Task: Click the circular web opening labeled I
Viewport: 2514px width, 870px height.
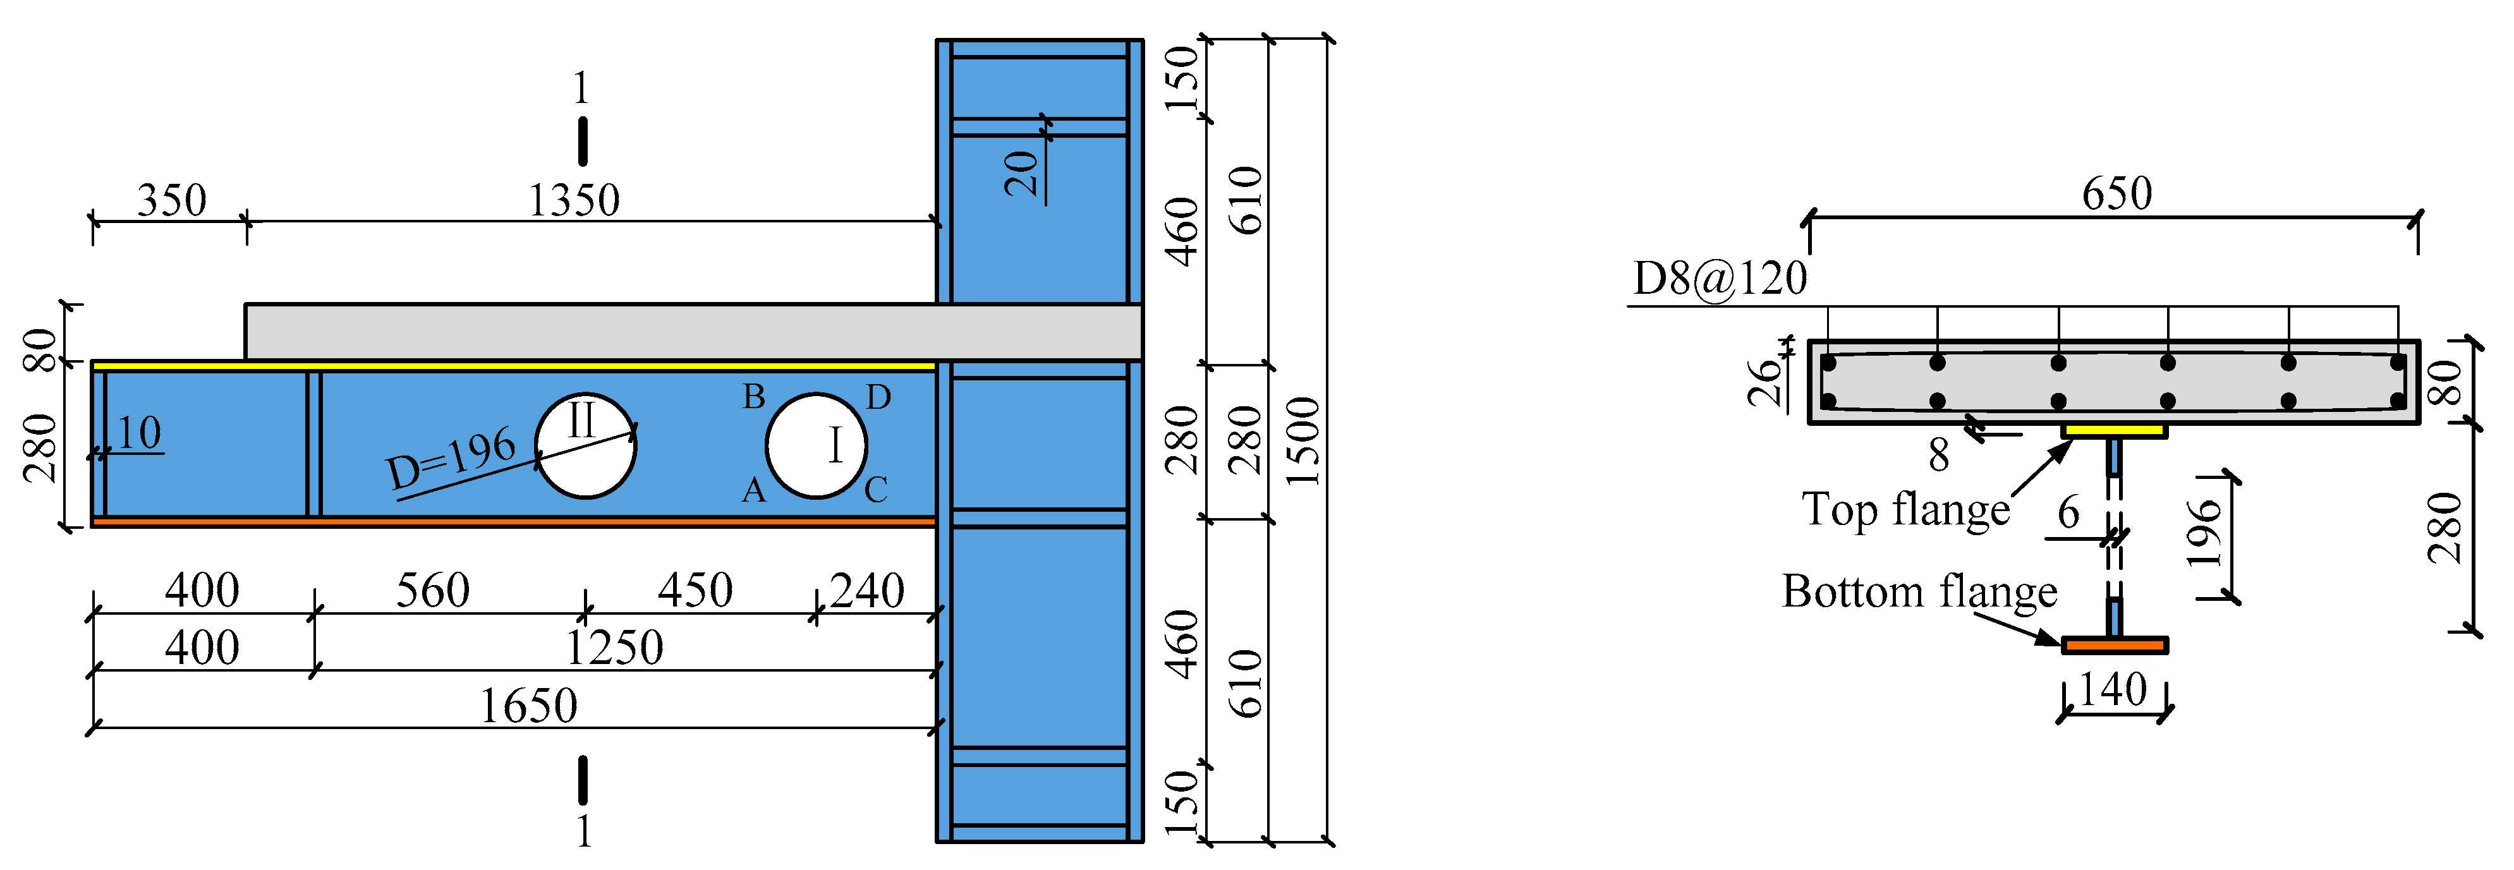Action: point(816,445)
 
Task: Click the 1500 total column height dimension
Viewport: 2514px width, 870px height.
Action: point(1303,441)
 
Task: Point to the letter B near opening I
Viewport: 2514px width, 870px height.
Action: point(753,397)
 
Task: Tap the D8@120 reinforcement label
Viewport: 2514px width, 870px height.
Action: point(1720,279)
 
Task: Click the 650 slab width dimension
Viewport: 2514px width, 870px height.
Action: point(2116,193)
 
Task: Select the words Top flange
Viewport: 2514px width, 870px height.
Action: point(1905,509)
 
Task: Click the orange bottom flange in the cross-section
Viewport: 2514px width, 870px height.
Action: point(2114,644)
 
